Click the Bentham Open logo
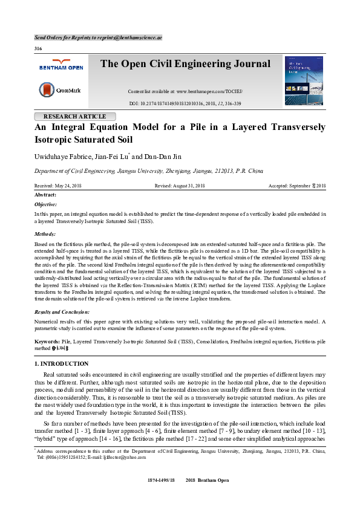[61, 65]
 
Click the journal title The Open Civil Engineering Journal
[185, 64]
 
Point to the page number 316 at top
[38, 48]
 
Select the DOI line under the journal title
[185, 104]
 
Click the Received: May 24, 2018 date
[57, 186]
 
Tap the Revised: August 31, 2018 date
[180, 186]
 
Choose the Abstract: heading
[45, 195]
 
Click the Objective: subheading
[46, 205]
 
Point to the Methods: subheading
[45, 233]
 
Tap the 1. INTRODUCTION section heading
[61, 363]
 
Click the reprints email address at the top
[129, 37]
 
